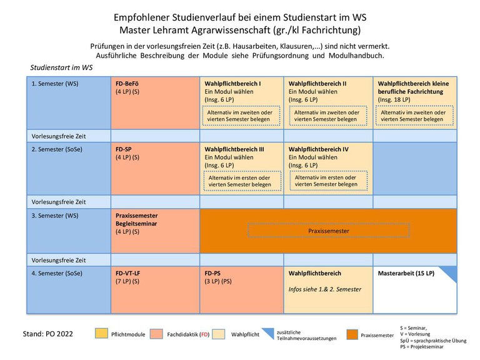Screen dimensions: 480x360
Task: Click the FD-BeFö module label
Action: pyautogui.click(x=127, y=84)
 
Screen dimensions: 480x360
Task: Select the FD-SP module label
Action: pyautogui.click(x=123, y=149)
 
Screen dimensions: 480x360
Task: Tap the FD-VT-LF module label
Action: pyautogui.click(x=127, y=273)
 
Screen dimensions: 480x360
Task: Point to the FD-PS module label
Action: pyautogui.click(x=212, y=273)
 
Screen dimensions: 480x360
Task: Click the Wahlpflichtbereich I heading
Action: pyautogui.click(x=232, y=84)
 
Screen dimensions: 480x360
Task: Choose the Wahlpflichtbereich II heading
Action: pyautogui.click(x=317, y=84)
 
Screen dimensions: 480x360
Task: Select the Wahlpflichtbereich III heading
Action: pyautogui.click(x=234, y=149)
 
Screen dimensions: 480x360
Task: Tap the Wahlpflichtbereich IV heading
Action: pyautogui.click(x=318, y=149)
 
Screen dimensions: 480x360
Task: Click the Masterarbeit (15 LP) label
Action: pyautogui.click(x=406, y=273)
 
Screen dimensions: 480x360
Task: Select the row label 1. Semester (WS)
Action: pyautogui.click(x=55, y=84)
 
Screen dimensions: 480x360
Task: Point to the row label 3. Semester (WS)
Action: pyautogui.click(x=55, y=216)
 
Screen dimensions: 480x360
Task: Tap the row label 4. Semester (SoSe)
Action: pyautogui.click(x=57, y=273)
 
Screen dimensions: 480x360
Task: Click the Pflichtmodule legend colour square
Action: pyautogui.click(x=101, y=334)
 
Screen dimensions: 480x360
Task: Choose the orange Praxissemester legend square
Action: pyautogui.click(x=352, y=334)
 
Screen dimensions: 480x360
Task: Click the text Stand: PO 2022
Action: pyautogui.click(x=47, y=334)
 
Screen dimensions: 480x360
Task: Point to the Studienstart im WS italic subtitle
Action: pyautogui.click(x=61, y=67)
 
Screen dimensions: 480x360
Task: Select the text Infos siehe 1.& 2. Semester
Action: pyautogui.click(x=325, y=289)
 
